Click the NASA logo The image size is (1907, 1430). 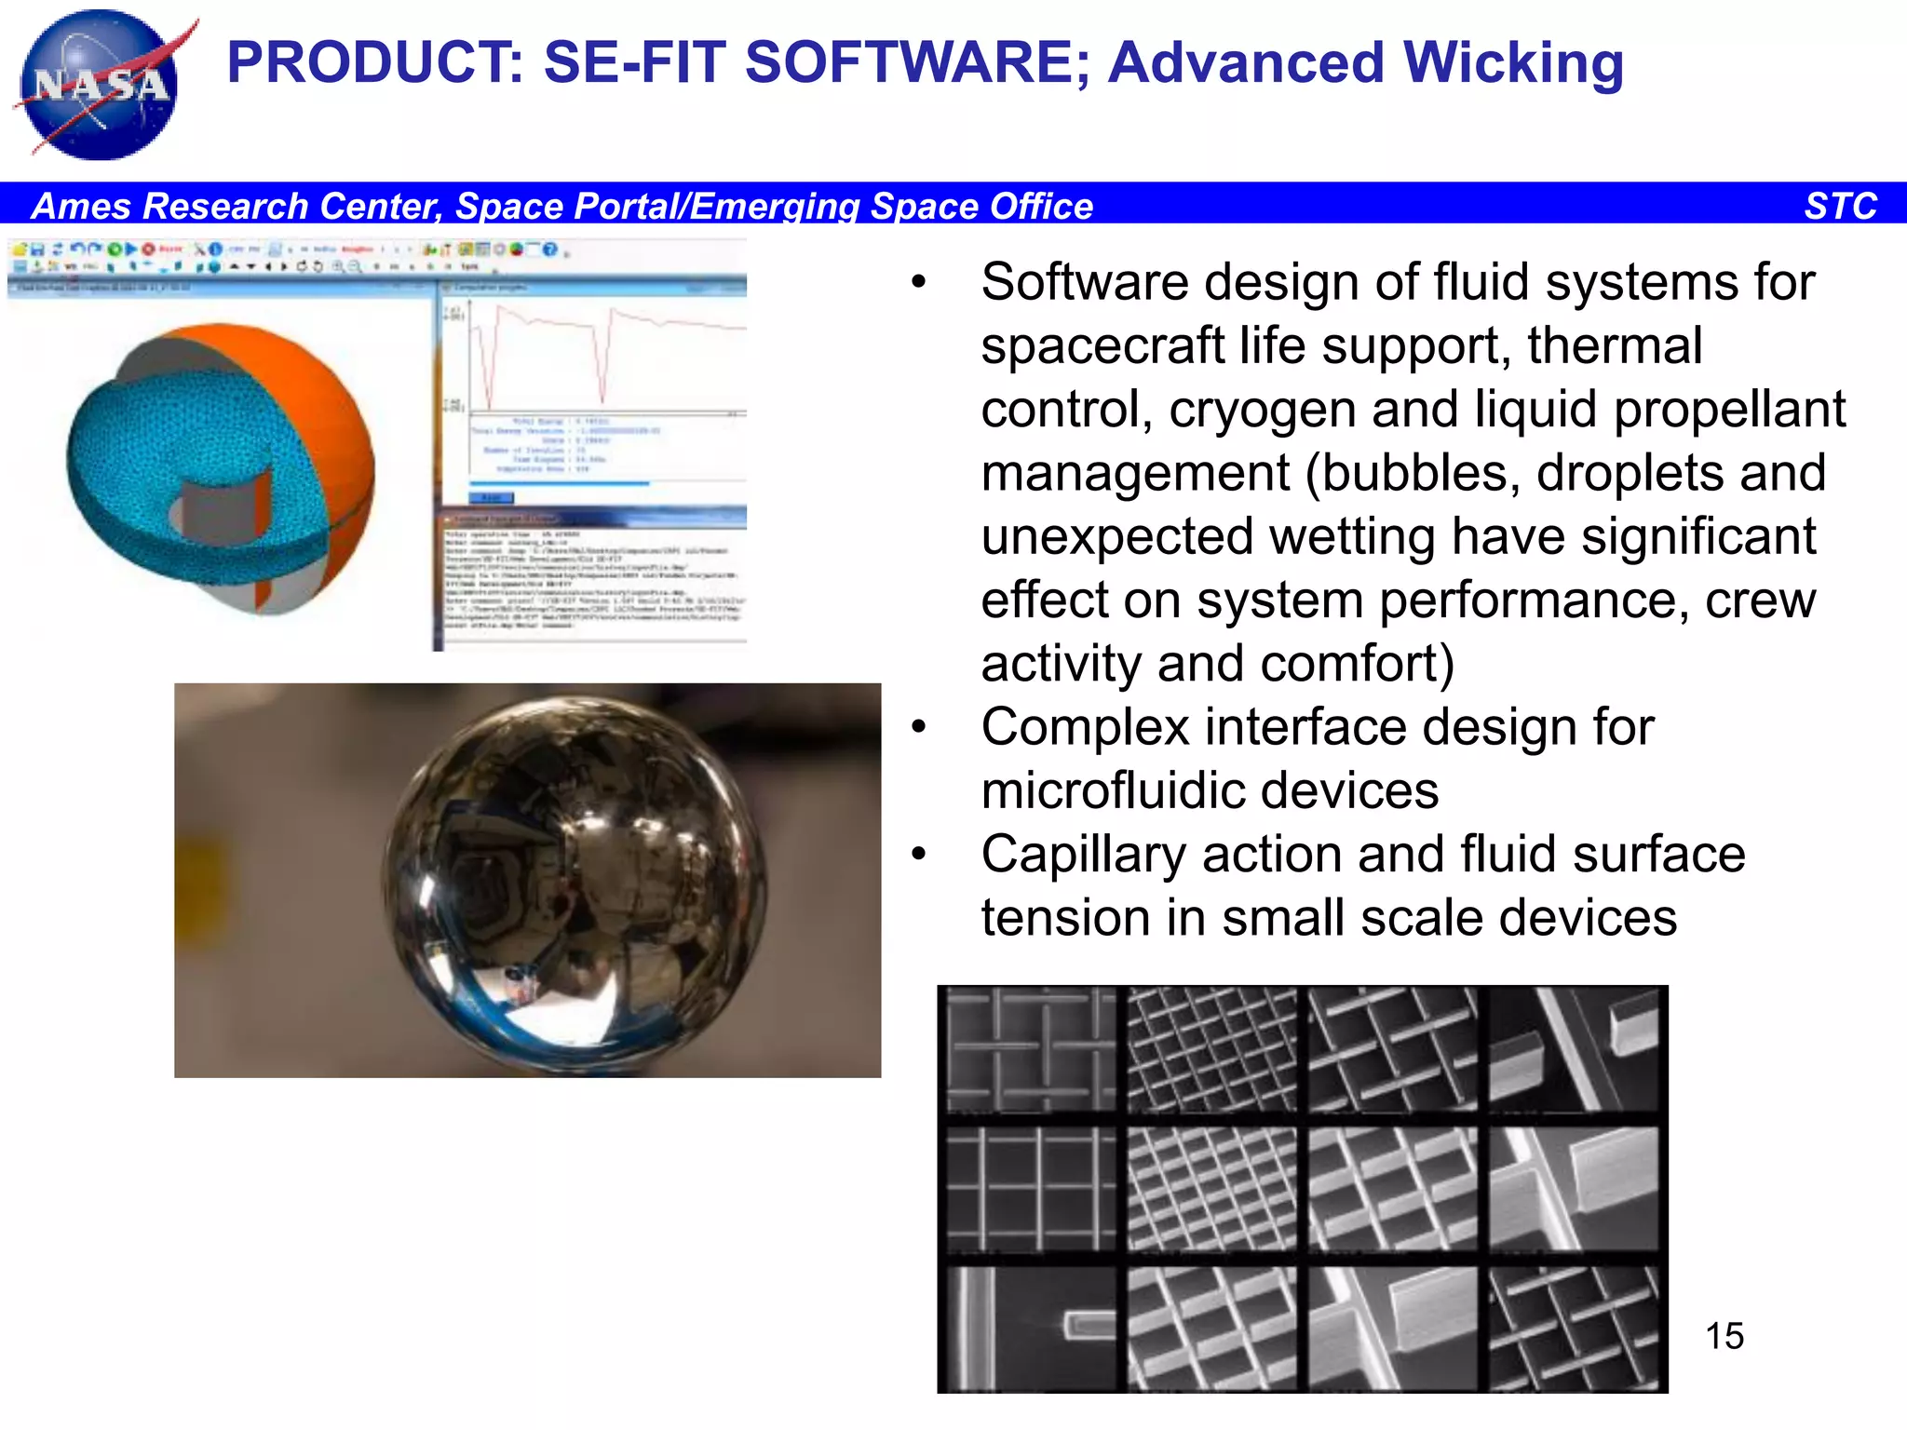(101, 86)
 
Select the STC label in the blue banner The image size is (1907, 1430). (1840, 206)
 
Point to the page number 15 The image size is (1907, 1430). (1724, 1336)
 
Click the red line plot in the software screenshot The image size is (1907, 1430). (605, 354)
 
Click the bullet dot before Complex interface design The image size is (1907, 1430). (919, 727)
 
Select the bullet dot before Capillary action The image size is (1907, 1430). (919, 854)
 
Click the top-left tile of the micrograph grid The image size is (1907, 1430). (1030, 1049)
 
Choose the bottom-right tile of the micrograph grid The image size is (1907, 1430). (1573, 1329)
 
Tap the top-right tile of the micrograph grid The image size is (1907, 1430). (1573, 1049)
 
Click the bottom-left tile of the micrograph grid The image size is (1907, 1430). (1030, 1329)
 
